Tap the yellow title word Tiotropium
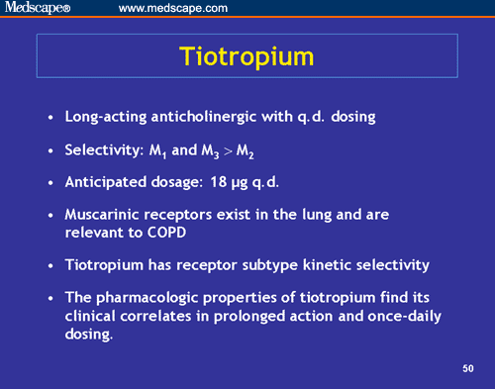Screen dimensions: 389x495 coord(248,55)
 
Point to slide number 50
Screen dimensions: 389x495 coord(468,369)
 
